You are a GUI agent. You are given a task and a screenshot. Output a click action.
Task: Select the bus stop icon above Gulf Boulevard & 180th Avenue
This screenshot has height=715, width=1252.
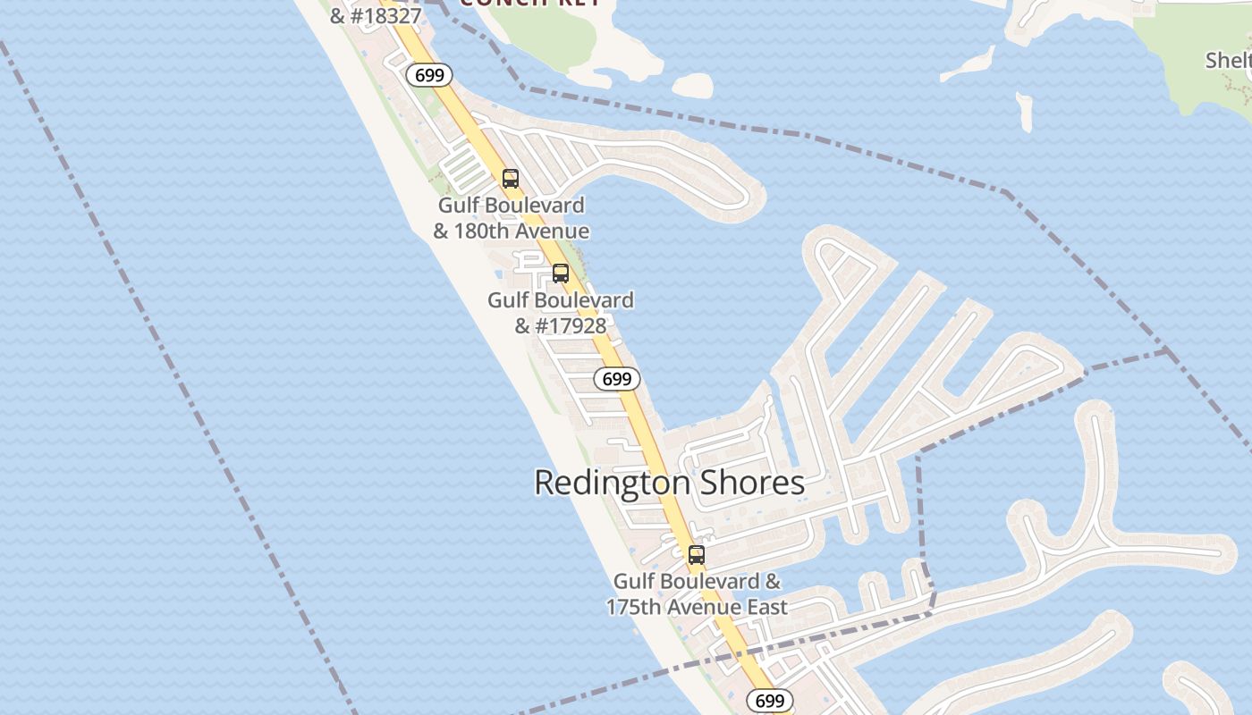coord(511,179)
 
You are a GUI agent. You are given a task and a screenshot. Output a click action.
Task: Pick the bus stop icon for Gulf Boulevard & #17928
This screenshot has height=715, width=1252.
coord(561,273)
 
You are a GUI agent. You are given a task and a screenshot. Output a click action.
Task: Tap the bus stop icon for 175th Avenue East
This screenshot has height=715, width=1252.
coord(697,555)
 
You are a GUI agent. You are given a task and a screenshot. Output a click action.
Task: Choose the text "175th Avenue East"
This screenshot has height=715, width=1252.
coord(697,608)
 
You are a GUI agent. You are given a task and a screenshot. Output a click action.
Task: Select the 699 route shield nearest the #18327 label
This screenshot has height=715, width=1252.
coord(429,75)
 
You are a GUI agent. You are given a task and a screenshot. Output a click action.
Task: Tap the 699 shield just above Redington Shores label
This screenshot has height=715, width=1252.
coord(617,379)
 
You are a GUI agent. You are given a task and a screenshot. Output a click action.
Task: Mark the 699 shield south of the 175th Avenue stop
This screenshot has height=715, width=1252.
coord(770,701)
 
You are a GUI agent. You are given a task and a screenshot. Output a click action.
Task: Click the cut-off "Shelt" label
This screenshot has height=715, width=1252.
coord(1229,60)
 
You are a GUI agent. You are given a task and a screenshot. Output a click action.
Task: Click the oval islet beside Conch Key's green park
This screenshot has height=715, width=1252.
coord(692,86)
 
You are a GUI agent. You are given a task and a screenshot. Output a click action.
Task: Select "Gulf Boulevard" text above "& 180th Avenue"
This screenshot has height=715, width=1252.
coord(511,206)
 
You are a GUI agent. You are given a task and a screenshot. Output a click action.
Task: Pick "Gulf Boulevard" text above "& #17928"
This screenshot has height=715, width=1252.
coord(561,300)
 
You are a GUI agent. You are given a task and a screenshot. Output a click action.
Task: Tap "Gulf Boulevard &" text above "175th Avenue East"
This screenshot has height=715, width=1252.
coord(697,582)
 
